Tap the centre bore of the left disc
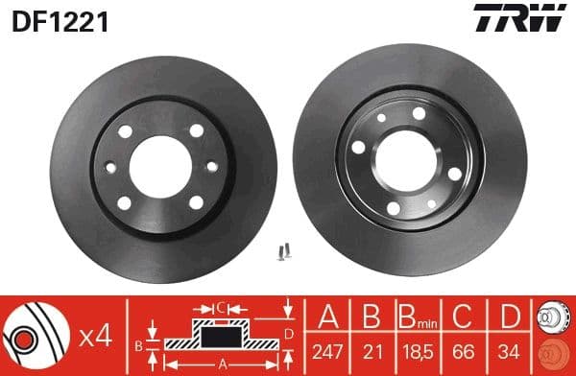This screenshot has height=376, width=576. click(x=158, y=162)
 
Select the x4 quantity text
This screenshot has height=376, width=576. click(x=96, y=336)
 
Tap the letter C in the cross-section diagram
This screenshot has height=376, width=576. click(x=220, y=308)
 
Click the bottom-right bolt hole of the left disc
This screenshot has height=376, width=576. click(x=196, y=201)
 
